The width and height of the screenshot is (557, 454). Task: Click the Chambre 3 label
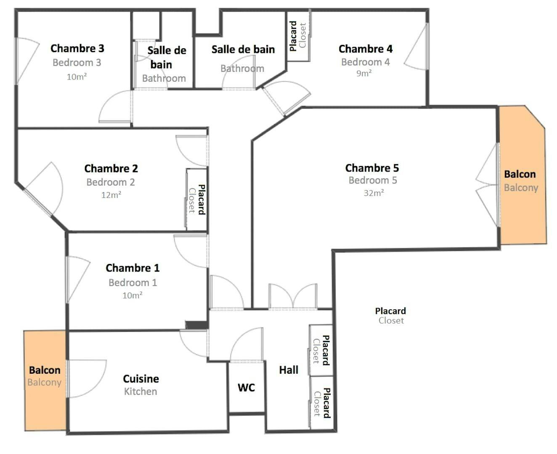(77, 48)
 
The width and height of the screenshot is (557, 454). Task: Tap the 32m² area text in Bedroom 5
(374, 193)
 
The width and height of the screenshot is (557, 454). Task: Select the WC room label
(246, 387)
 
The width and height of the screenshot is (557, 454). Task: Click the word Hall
(289, 370)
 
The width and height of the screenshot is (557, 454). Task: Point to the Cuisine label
(141, 379)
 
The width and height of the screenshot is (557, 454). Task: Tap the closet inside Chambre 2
(196, 199)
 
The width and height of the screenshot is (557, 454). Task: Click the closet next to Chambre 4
(298, 36)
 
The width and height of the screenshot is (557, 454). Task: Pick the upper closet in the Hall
(321, 350)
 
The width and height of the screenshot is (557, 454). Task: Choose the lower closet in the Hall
(321, 402)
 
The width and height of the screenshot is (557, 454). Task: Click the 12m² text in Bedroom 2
(111, 195)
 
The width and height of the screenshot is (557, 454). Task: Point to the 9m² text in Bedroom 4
(364, 73)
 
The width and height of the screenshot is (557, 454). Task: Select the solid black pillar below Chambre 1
(196, 325)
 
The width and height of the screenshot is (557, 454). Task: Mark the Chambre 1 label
(133, 268)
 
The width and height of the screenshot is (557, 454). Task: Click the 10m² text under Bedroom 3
(77, 77)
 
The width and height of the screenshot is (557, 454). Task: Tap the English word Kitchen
(141, 392)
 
